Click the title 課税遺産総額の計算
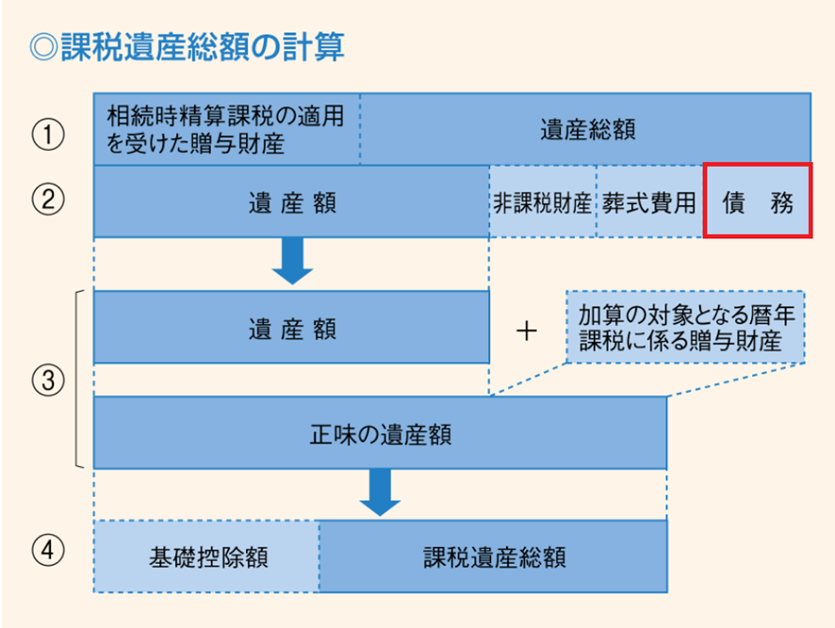[x=203, y=47]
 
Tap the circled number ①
[x=48, y=134]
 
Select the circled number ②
[x=48, y=200]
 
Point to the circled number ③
[x=48, y=380]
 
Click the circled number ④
[x=48, y=550]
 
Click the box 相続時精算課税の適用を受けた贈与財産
[x=227, y=129]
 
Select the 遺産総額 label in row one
[x=588, y=130]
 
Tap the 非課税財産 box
[x=543, y=201]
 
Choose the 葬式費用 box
[x=649, y=201]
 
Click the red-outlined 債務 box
[x=758, y=201]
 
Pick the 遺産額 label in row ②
[x=292, y=202]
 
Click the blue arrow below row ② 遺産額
[x=292, y=261]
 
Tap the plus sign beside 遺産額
[x=527, y=331]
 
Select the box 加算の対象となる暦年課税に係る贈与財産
[x=685, y=328]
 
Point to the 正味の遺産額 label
[x=381, y=434]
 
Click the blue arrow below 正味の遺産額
[x=380, y=492]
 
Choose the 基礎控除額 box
[x=206, y=556]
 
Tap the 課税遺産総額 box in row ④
[x=493, y=556]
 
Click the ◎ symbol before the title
[x=43, y=47]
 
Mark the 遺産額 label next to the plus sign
[x=292, y=329]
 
